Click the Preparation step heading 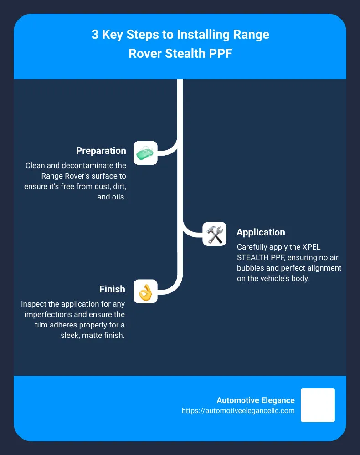101,151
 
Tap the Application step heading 261,232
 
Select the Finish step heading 112,289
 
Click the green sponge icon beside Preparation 145,153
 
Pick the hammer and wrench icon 215,234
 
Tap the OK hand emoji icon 145,291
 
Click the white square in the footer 318,405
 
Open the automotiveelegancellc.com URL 238,411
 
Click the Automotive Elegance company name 256,400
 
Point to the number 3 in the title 95,35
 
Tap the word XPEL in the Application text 312,247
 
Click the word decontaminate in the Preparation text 94,165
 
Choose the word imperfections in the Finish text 51,314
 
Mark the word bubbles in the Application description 250,268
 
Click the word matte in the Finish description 92,336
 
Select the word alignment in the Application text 324,268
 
